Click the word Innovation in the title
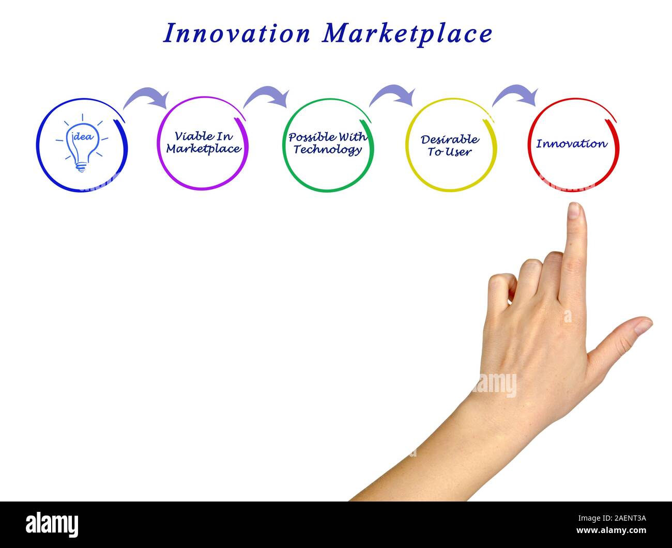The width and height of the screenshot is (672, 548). point(237,34)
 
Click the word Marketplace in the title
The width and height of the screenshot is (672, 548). point(407,35)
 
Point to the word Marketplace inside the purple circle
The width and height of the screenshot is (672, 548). point(203,149)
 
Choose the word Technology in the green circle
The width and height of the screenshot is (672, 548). point(328,150)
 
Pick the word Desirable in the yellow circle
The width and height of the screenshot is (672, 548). point(450,139)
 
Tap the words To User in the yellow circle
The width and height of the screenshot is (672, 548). point(449,152)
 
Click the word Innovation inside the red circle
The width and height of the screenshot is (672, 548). point(571,144)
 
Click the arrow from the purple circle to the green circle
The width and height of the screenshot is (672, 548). point(267,96)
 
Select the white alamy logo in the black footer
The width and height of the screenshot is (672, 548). point(52,524)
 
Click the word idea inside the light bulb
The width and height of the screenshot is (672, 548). point(82,137)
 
